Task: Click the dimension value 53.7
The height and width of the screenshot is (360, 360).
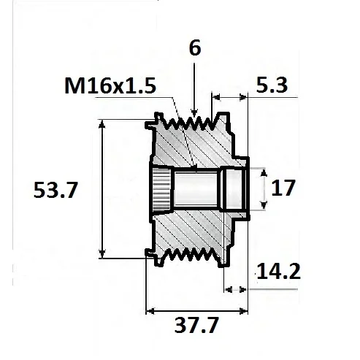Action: click(55, 191)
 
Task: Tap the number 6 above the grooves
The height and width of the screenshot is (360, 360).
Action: click(194, 48)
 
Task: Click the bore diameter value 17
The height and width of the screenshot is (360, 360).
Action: click(283, 188)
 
